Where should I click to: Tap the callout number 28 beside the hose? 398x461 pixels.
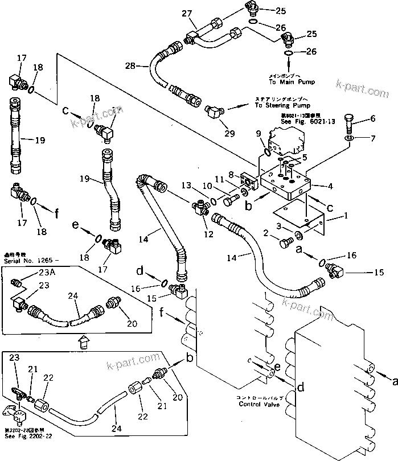[129, 66]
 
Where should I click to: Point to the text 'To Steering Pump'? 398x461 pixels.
[266, 106]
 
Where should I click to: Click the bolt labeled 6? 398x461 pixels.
[351, 121]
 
